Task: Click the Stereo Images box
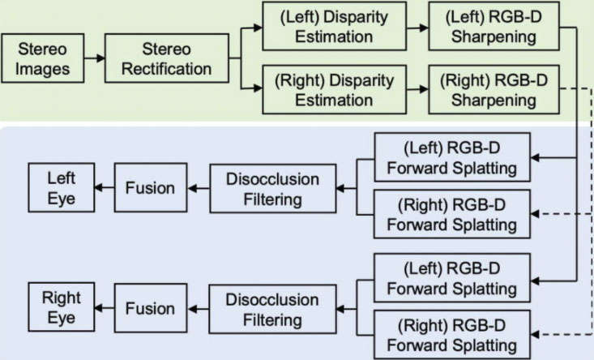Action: click(x=43, y=58)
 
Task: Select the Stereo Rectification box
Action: click(x=167, y=58)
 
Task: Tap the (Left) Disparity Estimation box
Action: click(x=334, y=26)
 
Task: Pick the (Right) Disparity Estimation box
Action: click(x=334, y=90)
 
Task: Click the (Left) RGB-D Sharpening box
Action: click(x=494, y=26)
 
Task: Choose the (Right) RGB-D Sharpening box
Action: click(x=494, y=90)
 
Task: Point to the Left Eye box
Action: click(x=62, y=187)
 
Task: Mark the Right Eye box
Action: click(x=62, y=307)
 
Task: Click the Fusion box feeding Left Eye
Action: click(x=151, y=187)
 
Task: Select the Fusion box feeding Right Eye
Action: click(x=151, y=308)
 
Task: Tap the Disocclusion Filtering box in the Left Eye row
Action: click(x=273, y=188)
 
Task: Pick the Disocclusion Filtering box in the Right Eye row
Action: click(x=272, y=309)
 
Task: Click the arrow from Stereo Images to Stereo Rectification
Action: click(x=94, y=58)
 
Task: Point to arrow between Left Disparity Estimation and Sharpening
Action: click(x=417, y=28)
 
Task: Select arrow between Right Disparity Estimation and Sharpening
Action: click(x=417, y=89)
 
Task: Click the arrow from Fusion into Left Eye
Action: click(x=105, y=187)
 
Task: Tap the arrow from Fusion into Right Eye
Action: click(x=105, y=308)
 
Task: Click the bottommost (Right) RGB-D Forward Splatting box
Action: click(x=452, y=335)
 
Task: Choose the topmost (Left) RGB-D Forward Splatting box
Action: click(x=452, y=157)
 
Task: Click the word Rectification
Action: click(x=167, y=69)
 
